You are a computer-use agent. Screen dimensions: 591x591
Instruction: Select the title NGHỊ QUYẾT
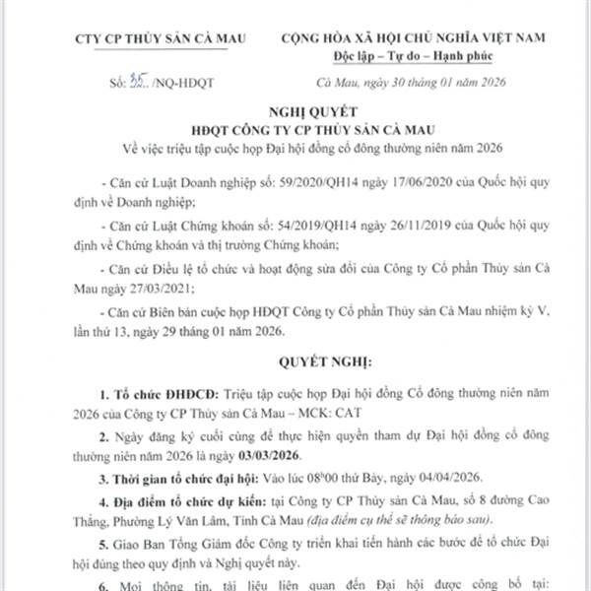coord(295,113)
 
